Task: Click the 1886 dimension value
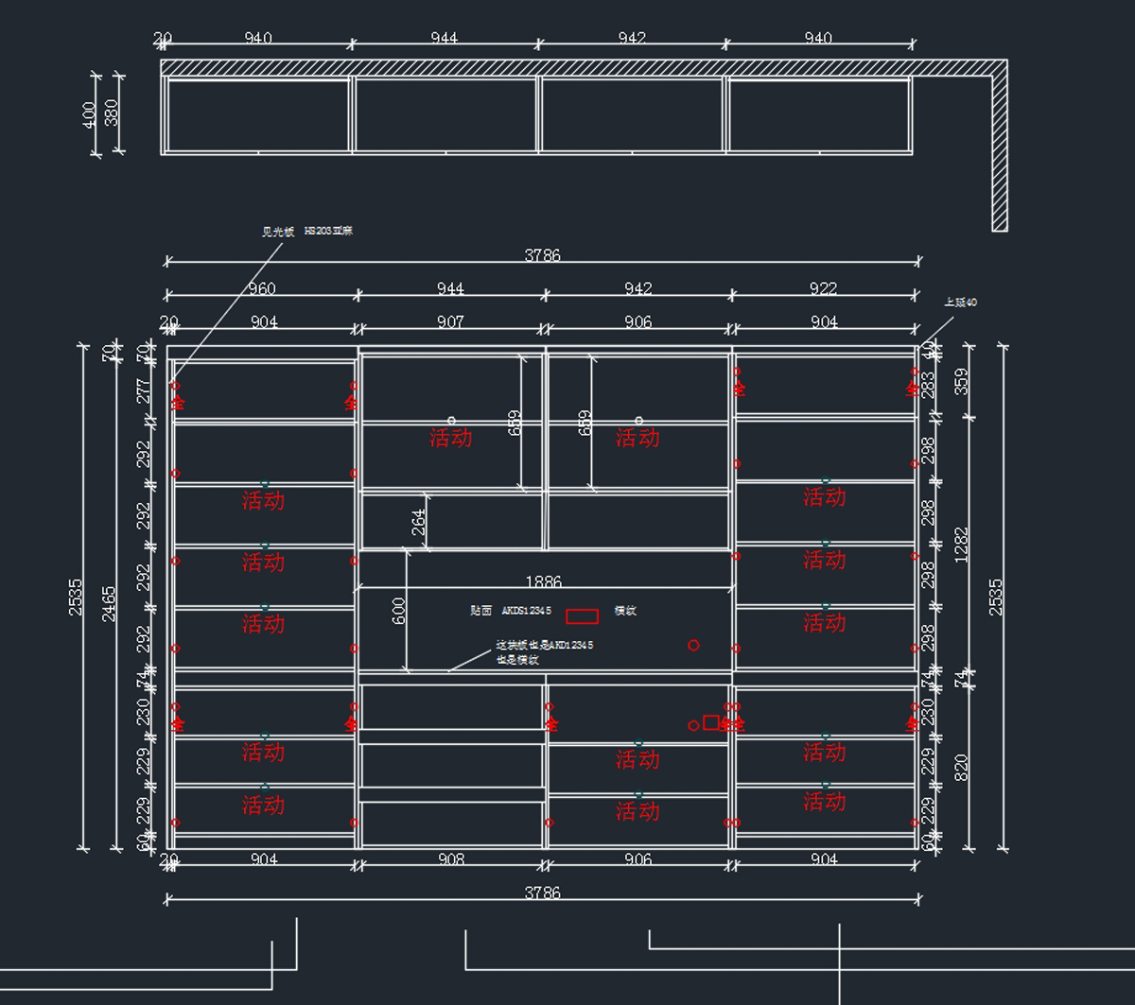(543, 582)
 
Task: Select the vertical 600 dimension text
(399, 611)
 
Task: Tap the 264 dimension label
(419, 521)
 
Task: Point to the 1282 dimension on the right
(962, 546)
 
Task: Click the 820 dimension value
(962, 766)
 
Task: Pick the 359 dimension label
(962, 381)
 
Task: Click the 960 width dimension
(261, 288)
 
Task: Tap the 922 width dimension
(824, 288)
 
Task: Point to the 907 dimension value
(450, 322)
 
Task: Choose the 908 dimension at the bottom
(451, 859)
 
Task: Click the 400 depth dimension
(90, 114)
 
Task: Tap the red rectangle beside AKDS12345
(582, 616)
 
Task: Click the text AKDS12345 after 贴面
(527, 611)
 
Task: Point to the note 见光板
(278, 232)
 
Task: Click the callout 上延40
(960, 303)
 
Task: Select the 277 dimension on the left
(144, 390)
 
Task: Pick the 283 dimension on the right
(928, 383)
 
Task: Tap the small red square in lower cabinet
(710, 722)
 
